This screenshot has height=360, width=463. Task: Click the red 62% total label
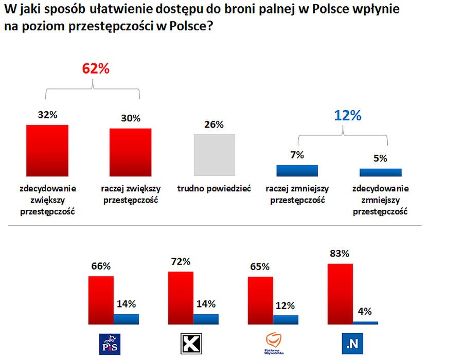[96, 69]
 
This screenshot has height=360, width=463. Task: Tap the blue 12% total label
[347, 116]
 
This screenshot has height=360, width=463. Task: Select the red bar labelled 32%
[47, 150]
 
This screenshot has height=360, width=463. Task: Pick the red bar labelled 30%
[131, 152]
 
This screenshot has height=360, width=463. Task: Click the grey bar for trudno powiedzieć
[214, 155]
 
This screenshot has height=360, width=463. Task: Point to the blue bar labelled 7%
[297, 171]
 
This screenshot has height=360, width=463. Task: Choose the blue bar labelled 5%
[381, 172]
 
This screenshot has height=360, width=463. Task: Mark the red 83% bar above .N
[340, 294]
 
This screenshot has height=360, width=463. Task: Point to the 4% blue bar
[365, 322]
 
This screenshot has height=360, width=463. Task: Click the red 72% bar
[181, 298]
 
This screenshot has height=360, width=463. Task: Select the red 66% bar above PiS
[101, 300]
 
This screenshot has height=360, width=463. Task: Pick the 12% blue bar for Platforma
[286, 319]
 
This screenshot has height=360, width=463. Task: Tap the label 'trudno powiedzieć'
[214, 189]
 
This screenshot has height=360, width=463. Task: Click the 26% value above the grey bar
[214, 125]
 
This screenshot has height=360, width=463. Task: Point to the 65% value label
[260, 267]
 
